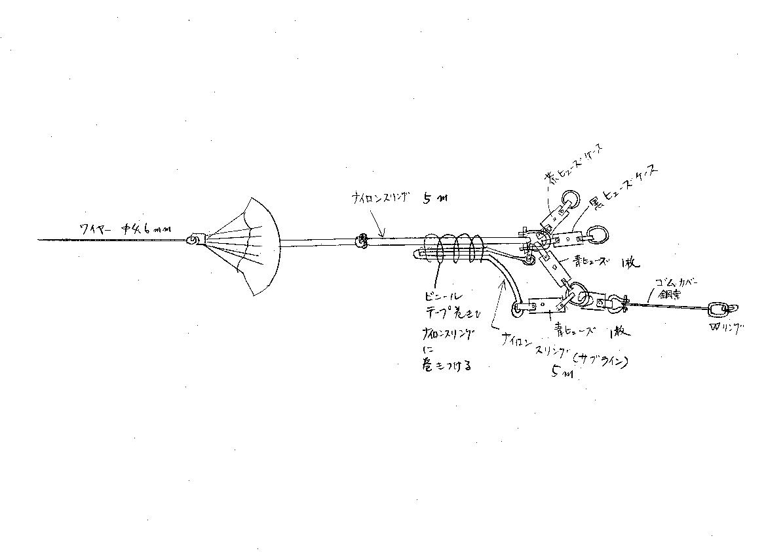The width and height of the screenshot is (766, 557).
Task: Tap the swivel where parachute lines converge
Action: (x=194, y=240)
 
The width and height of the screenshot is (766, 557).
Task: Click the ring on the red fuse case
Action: (x=569, y=198)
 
